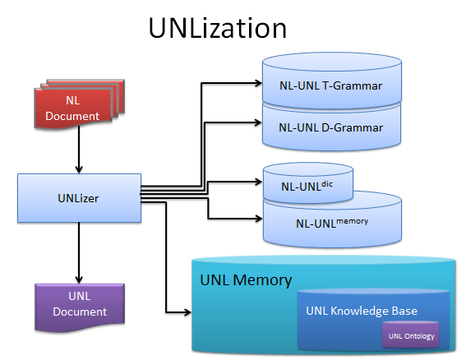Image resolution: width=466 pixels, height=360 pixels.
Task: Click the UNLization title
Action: [218, 28]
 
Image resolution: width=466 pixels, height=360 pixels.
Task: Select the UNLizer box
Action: [79, 198]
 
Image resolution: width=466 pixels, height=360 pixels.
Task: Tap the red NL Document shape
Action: [80, 104]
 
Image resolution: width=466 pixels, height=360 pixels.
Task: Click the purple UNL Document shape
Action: [80, 307]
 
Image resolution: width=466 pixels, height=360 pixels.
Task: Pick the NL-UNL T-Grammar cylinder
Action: [332, 81]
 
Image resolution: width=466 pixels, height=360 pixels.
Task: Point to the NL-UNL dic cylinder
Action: [308, 182]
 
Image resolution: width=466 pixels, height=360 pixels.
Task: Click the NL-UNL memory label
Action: [332, 223]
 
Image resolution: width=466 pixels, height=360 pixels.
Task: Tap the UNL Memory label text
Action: [246, 280]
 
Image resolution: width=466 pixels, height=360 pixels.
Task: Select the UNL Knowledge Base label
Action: [362, 311]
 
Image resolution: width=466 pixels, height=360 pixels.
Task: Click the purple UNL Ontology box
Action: [411, 335]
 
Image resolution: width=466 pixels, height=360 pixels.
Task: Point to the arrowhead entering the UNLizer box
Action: [79, 169]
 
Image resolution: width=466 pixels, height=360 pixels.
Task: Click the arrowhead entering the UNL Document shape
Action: [79, 279]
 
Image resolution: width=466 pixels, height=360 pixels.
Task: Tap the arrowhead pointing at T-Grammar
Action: [258, 83]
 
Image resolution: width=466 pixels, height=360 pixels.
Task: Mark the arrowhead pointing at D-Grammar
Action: [258, 122]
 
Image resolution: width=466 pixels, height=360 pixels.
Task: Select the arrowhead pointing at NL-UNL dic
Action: [258, 182]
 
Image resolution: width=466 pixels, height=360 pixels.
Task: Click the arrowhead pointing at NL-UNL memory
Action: [258, 219]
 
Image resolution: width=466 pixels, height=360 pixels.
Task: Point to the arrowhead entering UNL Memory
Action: [187, 312]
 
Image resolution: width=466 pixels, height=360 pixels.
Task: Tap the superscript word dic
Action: [327, 184]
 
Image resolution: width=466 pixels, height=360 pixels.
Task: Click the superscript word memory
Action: [353, 221]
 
